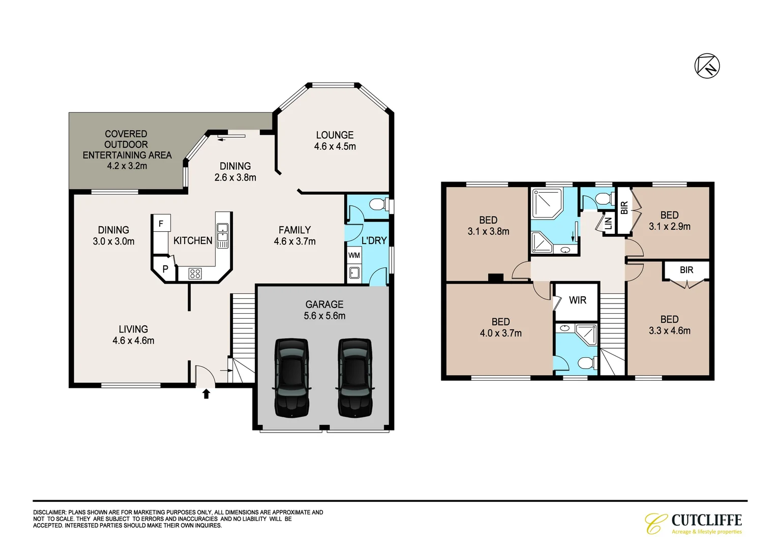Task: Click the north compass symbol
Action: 707,66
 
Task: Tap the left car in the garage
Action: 292,378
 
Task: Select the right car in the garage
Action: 355,378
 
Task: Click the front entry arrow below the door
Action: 206,393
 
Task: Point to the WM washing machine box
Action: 354,255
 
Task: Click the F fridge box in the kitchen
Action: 161,223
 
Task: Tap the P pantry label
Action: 165,269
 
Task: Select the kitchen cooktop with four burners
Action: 195,274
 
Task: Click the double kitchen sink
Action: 222,235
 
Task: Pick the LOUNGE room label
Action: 335,135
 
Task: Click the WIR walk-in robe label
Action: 577,300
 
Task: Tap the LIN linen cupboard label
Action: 608,223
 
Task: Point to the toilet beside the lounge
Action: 377,205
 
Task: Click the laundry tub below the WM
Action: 354,273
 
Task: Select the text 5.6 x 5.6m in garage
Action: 324,316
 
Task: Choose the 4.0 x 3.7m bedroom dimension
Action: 500,333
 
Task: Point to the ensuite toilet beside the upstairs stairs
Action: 586,363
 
